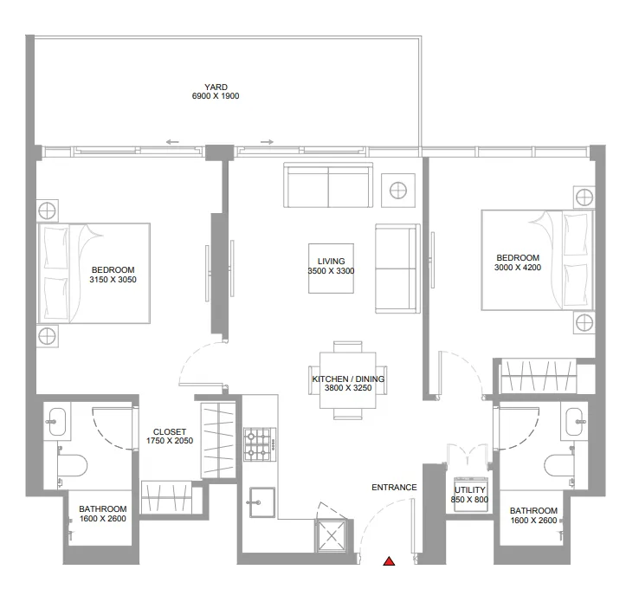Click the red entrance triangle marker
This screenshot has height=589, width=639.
point(390,562)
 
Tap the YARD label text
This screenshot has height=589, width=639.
point(216,87)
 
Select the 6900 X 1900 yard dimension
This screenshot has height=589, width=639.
point(216,96)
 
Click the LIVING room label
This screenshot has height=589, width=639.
point(331,261)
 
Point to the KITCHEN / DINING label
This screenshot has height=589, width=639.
point(348,379)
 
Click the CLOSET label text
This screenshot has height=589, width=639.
point(169,431)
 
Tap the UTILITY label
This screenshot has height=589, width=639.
point(470,490)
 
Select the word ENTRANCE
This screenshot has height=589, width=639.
point(394,488)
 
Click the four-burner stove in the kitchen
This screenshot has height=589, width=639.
point(258,443)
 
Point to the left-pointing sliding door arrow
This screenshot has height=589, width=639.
point(173,142)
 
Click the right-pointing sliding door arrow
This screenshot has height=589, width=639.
point(267,142)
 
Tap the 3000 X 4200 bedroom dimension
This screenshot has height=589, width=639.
point(518,269)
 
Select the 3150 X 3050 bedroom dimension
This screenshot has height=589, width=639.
point(113,280)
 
